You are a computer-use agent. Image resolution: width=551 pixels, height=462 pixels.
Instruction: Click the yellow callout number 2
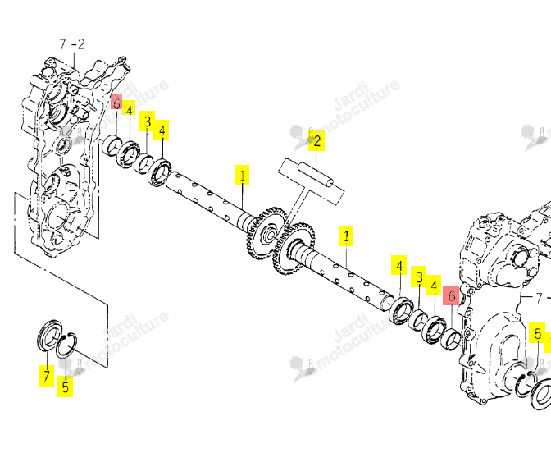pyautogui.click(x=316, y=141)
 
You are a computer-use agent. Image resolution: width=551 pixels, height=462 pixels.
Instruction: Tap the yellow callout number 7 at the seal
pyautogui.click(x=47, y=376)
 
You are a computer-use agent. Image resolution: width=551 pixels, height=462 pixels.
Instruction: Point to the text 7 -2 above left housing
pyautogui.click(x=72, y=44)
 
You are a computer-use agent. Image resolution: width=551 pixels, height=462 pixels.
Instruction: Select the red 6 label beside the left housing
pyautogui.click(x=116, y=103)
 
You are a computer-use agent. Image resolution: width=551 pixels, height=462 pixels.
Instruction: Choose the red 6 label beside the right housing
pyautogui.click(x=451, y=296)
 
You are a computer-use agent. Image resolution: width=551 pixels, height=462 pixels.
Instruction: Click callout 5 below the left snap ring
pyautogui.click(x=65, y=387)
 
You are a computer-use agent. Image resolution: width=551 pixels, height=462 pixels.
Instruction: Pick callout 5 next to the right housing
pyautogui.click(x=538, y=333)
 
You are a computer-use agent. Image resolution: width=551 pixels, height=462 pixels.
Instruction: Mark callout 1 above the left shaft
pyautogui.click(x=242, y=175)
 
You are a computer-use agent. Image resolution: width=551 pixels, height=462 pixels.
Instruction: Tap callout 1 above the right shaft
pyautogui.click(x=346, y=236)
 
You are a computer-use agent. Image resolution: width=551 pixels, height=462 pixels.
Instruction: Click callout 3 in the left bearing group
pyautogui.click(x=148, y=121)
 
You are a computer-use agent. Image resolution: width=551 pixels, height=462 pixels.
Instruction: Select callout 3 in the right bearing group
pyautogui.click(x=419, y=277)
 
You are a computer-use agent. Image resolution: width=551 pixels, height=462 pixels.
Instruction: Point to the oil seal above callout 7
pyautogui.click(x=49, y=335)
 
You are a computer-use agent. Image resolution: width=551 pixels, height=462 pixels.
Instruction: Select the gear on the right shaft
pyautogui.click(x=294, y=249)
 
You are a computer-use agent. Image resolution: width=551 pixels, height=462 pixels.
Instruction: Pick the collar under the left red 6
pyautogui.click(x=112, y=145)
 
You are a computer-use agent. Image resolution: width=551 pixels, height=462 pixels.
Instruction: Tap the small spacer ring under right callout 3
pyautogui.click(x=418, y=320)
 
